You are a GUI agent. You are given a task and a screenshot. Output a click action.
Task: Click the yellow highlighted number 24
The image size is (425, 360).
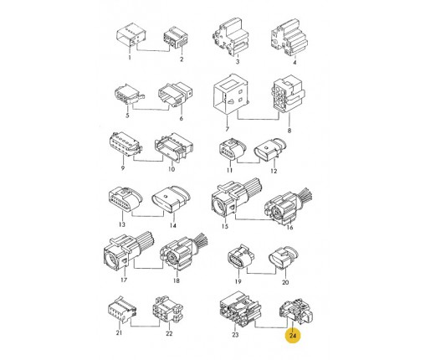[x=293, y=335]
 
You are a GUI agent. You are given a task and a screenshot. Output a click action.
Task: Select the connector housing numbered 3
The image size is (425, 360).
[x=230, y=37]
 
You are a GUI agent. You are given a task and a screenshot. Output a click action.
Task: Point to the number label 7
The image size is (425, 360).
[x=228, y=129]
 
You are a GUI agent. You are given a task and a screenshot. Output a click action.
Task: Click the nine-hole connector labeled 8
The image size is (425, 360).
[x=287, y=93]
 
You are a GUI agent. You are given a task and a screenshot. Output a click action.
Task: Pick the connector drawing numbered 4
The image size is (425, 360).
[x=289, y=38]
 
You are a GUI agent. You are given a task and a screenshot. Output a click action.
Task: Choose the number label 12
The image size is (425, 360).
[x=274, y=171]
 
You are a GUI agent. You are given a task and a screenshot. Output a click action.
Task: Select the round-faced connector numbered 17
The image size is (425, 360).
[x=128, y=250]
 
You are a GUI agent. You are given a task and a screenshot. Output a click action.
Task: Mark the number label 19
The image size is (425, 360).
[x=238, y=281]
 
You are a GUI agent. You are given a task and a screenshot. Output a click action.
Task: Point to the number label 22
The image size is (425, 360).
[x=169, y=333]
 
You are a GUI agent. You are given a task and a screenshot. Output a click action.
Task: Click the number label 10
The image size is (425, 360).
[x=172, y=169]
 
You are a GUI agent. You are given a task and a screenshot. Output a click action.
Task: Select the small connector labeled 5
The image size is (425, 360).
[x=130, y=94]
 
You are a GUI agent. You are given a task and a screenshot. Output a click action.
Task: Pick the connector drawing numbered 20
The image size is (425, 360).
[x=284, y=258]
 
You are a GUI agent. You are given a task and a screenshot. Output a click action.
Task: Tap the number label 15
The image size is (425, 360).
[x=225, y=226]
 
